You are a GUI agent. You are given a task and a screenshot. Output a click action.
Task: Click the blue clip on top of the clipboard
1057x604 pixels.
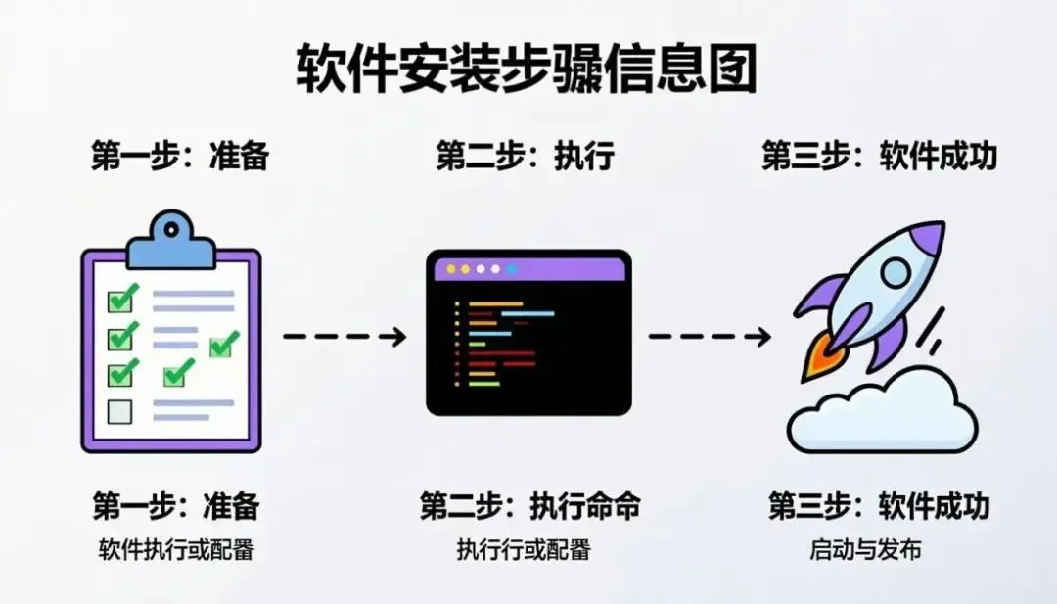point(171,241)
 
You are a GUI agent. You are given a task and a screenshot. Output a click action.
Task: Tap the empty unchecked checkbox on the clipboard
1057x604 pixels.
point(119,411)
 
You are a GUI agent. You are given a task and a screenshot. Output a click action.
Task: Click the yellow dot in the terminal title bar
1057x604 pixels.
point(451,268)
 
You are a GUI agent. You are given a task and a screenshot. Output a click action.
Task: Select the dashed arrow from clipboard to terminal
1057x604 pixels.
point(344,337)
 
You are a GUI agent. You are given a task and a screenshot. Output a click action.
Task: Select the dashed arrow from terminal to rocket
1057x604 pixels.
point(709,337)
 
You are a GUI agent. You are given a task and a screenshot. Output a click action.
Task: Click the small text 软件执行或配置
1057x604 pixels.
point(176,550)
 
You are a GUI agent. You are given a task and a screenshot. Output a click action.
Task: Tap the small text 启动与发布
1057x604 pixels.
point(865,550)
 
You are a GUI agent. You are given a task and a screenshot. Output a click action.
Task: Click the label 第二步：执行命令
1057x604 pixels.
point(530,506)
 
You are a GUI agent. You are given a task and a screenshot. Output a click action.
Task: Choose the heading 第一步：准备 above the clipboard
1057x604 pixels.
point(180,157)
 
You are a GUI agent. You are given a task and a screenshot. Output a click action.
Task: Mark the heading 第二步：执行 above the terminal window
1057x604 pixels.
point(525,157)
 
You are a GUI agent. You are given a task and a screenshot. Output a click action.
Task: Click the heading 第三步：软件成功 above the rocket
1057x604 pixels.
point(879,157)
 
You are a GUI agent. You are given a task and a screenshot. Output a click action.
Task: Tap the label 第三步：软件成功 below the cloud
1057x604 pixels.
point(879,506)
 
